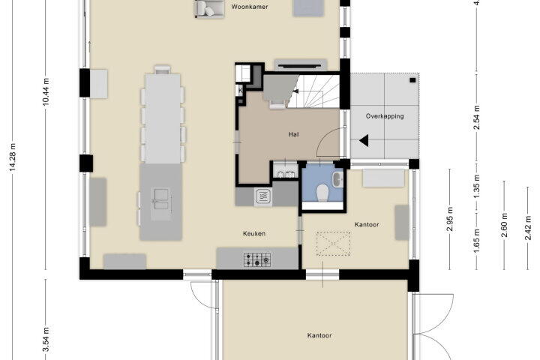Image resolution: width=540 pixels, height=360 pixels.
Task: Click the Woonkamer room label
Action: point(250,7)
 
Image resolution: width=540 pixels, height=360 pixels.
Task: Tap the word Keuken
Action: point(254,233)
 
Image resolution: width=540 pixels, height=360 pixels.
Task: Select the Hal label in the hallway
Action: point(293,134)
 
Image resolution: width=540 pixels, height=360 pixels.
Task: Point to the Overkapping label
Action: point(385,116)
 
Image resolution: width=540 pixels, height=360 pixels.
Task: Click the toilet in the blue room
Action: point(322,193)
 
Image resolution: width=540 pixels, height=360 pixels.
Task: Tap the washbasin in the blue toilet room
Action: point(337,179)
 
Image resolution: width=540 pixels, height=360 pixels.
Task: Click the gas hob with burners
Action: point(257,259)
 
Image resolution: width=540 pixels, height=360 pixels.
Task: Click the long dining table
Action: point(163,118)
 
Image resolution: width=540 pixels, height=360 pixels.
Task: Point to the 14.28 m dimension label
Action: point(13,157)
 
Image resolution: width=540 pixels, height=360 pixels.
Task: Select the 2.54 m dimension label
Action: point(477,118)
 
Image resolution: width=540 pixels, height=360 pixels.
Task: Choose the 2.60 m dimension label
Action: point(504,225)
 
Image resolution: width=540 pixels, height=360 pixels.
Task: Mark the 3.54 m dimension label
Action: point(46,340)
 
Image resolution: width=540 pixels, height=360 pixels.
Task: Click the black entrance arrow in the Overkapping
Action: point(364,140)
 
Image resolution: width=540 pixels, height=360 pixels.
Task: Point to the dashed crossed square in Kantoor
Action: point(333,244)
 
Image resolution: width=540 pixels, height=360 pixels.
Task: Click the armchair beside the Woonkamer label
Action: point(209,8)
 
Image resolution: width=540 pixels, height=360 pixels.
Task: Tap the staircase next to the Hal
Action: point(313,91)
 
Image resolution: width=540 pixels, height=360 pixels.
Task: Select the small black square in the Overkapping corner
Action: point(412,80)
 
